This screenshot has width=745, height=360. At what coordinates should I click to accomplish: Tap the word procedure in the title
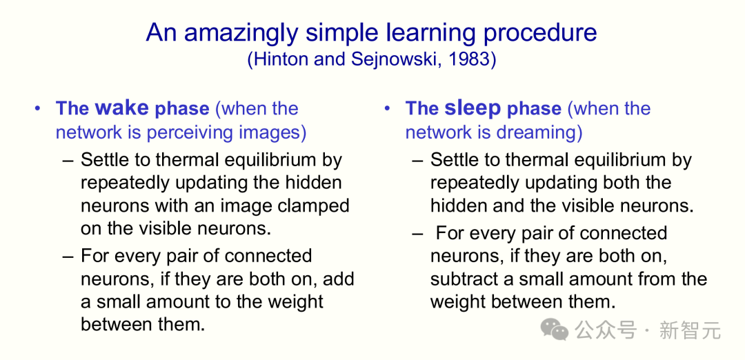538,33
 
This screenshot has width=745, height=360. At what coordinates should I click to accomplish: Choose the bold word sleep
473,109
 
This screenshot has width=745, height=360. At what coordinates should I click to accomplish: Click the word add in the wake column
339,279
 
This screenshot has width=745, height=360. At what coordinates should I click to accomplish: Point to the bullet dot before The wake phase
38,109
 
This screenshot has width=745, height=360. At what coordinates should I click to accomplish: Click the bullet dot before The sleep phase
387,109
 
